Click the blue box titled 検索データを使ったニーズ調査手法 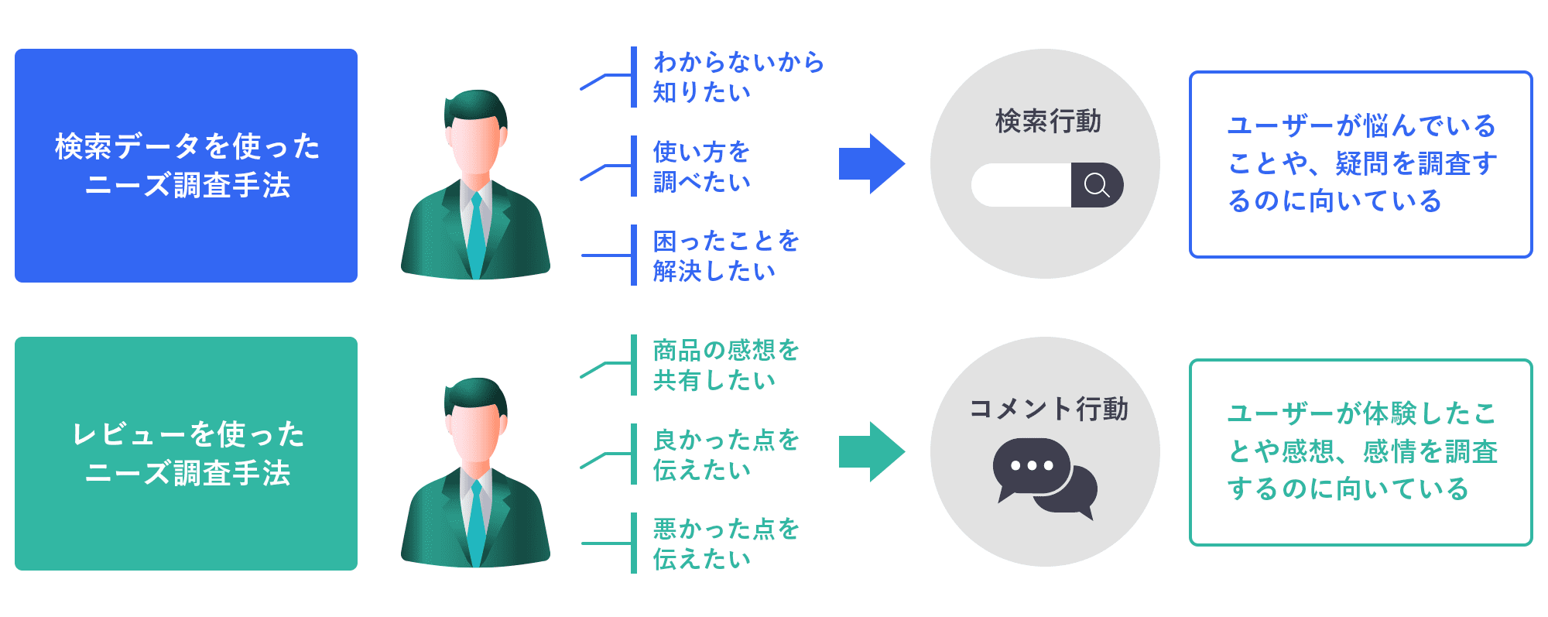(x=186, y=166)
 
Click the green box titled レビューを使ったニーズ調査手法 (x=186, y=454)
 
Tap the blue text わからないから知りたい (x=738, y=77)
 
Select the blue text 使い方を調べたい (x=701, y=166)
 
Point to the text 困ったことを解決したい (x=725, y=255)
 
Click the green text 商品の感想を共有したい (x=725, y=365)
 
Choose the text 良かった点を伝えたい (x=725, y=454)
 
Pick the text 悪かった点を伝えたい (x=725, y=543)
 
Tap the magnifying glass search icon (x=1097, y=185)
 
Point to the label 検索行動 (x=1048, y=122)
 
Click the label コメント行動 (x=1048, y=409)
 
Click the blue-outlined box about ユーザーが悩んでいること (x=1361, y=164)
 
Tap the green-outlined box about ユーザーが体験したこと (x=1361, y=452)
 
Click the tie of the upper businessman (x=476, y=232)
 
